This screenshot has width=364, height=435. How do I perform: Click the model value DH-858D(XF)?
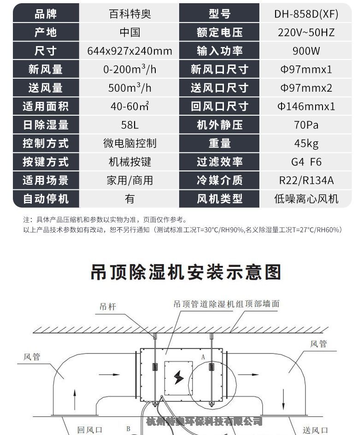[306, 14]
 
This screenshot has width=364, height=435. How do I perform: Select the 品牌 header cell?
[46, 14]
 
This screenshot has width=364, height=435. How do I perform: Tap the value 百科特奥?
[129, 14]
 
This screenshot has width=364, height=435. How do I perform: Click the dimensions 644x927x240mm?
[129, 51]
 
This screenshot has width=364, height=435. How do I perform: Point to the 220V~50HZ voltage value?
[306, 32]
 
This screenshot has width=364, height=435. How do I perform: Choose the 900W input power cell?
[306, 51]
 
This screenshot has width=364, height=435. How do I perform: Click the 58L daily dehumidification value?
[129, 125]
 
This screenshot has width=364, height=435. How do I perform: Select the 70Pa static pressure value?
[306, 125]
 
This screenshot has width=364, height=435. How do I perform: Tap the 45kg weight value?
[306, 143]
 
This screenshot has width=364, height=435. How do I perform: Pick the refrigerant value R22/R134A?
[306, 180]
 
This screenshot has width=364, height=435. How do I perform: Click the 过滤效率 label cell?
[219, 162]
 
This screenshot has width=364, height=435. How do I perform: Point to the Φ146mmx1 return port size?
[306, 106]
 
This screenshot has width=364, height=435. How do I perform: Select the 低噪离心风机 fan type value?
[306, 199]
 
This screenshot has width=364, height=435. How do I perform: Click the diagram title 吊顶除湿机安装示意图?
[185, 272]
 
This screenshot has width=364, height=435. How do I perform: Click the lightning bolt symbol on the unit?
[179, 378]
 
